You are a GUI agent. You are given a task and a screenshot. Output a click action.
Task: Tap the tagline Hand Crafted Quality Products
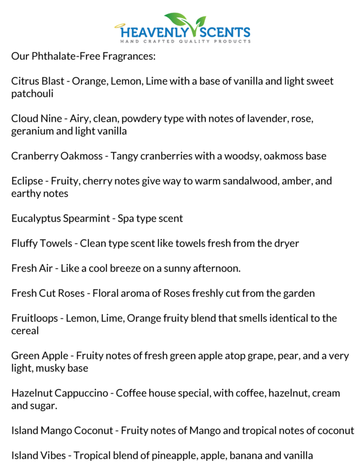tap(186, 42)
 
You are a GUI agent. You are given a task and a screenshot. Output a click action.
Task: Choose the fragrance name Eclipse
tap(27, 181)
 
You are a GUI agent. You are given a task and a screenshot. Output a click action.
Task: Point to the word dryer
tap(285, 243)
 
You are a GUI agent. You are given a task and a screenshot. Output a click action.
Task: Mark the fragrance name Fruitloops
tap(36, 318)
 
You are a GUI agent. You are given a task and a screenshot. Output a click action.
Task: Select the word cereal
tap(26, 331)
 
